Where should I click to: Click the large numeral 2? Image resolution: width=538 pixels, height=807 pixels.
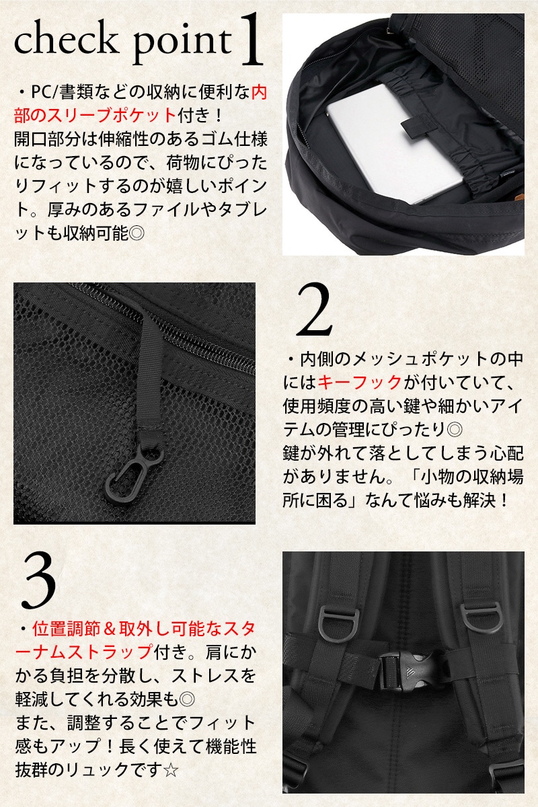(314, 311)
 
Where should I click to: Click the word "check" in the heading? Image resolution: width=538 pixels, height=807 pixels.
(67, 40)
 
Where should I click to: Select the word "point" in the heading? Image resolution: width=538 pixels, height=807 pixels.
(182, 46)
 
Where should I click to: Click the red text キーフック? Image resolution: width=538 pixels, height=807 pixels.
(360, 383)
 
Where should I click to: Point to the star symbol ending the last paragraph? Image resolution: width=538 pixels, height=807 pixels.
(170, 770)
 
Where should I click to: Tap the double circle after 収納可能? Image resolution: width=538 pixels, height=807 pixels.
(137, 233)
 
